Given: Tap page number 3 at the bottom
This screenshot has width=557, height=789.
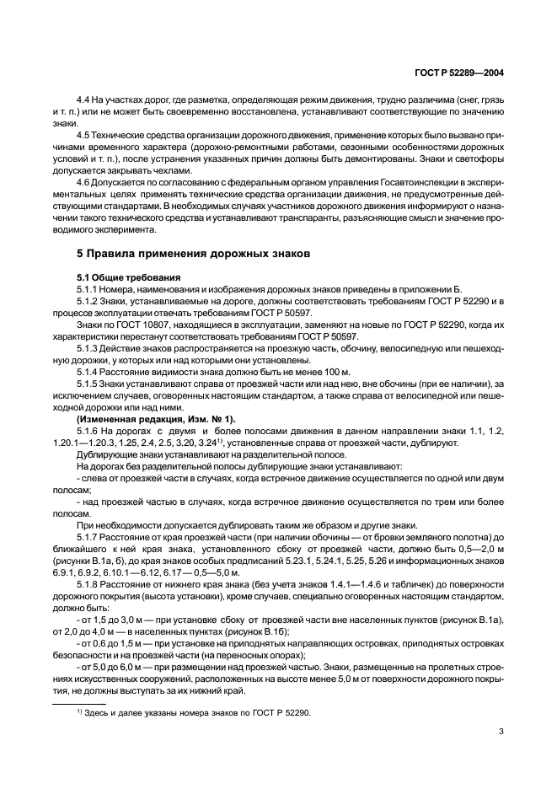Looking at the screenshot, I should pyautogui.click(x=501, y=731).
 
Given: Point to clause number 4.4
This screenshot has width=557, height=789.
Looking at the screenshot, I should pyautogui.click(x=84, y=99).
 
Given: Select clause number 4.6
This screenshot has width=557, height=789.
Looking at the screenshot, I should pyautogui.click(x=84, y=181).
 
